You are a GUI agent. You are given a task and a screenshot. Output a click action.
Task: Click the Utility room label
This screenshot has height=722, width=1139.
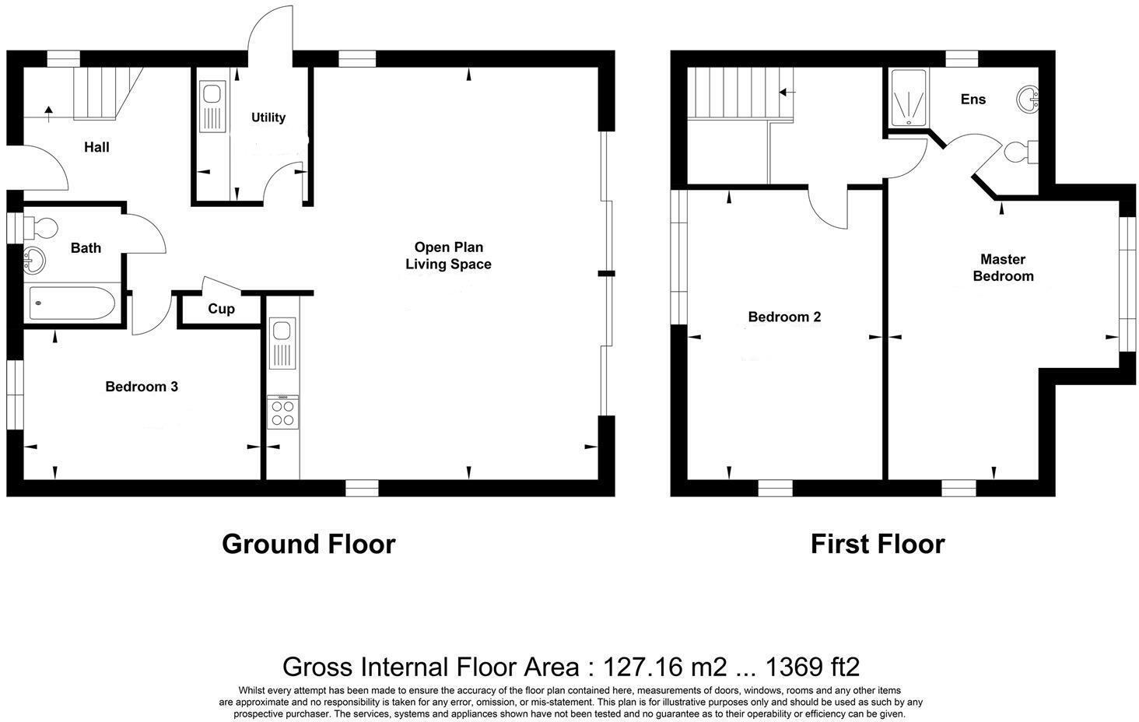click(268, 117)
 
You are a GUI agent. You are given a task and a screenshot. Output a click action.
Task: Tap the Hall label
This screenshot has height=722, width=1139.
click(96, 148)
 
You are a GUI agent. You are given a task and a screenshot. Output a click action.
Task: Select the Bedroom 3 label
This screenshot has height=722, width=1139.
click(142, 387)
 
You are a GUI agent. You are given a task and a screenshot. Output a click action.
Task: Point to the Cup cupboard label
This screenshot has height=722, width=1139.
click(221, 309)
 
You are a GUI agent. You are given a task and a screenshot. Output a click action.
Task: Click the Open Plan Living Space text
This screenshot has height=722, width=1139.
click(448, 255)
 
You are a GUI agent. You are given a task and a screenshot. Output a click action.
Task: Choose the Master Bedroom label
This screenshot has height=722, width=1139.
click(1003, 268)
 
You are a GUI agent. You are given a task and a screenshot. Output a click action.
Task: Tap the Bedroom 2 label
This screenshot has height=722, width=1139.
click(784, 317)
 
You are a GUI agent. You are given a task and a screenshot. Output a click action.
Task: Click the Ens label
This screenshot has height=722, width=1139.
click(973, 99)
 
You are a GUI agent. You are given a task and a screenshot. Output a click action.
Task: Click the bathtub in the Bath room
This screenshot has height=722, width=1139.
click(72, 303)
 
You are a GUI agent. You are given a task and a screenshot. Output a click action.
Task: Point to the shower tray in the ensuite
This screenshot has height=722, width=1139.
click(909, 97)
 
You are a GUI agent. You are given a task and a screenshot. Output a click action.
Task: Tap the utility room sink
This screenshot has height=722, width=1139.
click(212, 107)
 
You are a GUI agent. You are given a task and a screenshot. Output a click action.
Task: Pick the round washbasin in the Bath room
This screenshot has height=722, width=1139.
click(34, 261)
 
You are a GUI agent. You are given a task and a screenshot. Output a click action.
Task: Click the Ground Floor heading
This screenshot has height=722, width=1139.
click(309, 544)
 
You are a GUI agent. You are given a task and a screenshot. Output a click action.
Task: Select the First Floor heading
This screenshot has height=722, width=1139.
click(878, 544)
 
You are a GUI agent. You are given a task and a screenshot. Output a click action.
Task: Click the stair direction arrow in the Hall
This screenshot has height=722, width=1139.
click(49, 114)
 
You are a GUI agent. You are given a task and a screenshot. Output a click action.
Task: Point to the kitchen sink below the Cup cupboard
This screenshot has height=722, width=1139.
click(282, 343)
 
